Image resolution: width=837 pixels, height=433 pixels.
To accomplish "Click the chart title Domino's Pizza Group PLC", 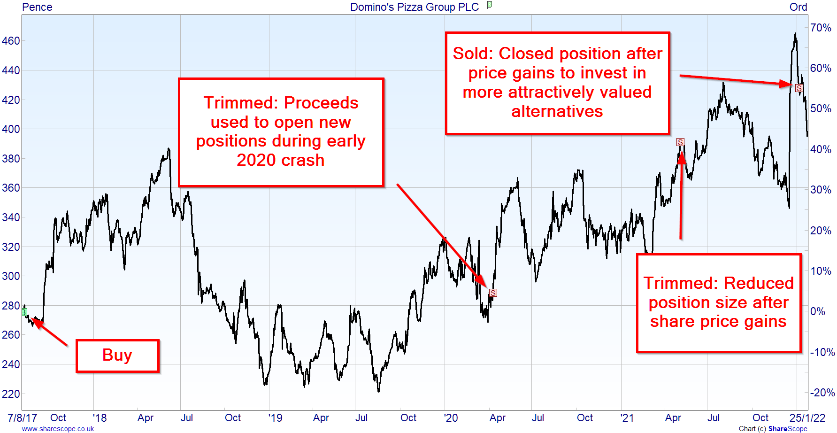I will click(x=415, y=7).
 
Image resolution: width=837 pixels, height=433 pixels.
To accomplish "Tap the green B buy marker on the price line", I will click(x=24, y=312).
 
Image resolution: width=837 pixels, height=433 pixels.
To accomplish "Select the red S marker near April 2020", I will click(x=493, y=293).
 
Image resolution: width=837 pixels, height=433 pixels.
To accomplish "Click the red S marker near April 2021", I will click(x=680, y=142).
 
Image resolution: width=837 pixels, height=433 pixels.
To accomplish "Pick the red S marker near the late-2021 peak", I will click(x=799, y=88).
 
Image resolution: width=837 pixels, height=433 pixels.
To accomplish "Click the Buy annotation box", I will click(x=117, y=356).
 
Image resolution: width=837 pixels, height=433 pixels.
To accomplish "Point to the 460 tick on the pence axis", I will click(x=11, y=41).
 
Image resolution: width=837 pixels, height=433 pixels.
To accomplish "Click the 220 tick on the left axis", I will click(x=11, y=394).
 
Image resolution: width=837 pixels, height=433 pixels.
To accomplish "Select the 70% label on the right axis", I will click(x=821, y=28).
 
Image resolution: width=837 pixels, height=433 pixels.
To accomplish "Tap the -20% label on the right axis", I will click(x=822, y=393).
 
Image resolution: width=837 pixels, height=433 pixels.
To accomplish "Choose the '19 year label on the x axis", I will click(x=275, y=418).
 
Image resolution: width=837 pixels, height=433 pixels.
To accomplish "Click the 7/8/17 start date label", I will click(x=23, y=418).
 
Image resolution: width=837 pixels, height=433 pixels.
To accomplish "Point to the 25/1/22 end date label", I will click(x=807, y=418).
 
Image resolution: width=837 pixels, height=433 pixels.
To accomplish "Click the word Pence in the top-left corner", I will click(x=37, y=7).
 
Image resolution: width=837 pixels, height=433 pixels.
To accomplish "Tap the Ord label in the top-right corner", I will click(x=798, y=7).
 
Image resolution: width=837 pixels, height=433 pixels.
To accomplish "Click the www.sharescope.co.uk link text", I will click(x=58, y=429).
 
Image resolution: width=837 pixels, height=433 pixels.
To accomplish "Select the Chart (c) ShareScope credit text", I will click(x=773, y=429).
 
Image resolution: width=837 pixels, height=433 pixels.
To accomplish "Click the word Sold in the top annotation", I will click(x=472, y=54).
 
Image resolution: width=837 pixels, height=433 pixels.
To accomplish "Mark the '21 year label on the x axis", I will click(x=627, y=418).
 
